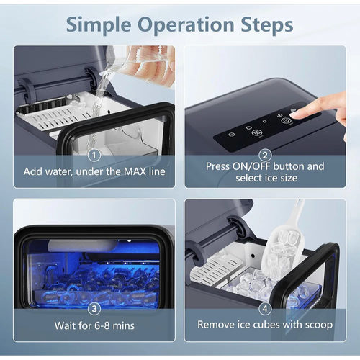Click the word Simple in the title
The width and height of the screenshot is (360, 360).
click(x=99, y=25)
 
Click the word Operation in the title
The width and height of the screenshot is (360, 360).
click(x=186, y=25)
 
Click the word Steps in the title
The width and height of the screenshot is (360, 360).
click(x=267, y=25)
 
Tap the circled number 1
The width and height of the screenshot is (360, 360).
click(x=94, y=156)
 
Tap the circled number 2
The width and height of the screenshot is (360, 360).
click(x=265, y=156)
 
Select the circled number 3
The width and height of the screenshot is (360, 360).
click(x=94, y=309)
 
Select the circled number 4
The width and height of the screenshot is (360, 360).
click(x=265, y=309)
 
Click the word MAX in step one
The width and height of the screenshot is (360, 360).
click(x=135, y=171)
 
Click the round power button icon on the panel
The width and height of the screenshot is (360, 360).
click(x=285, y=121)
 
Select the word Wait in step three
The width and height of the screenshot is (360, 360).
click(x=64, y=325)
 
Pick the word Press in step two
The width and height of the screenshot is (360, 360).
click(x=217, y=166)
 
